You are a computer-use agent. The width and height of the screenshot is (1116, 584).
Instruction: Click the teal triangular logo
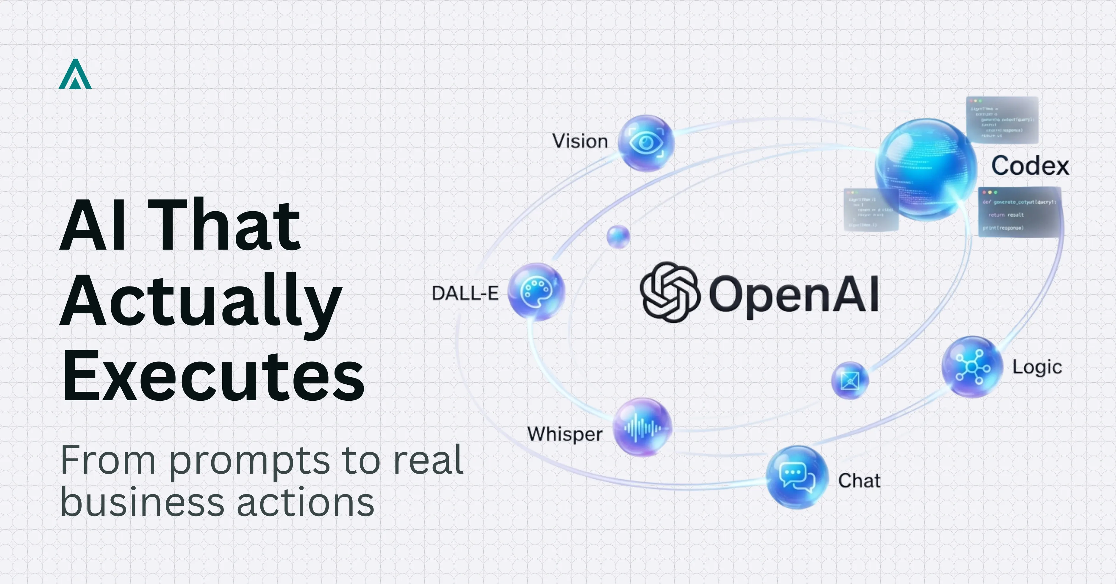[75, 74]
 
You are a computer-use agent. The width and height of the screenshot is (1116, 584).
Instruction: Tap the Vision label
[580, 141]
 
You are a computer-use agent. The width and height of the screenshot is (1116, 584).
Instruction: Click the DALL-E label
[465, 293]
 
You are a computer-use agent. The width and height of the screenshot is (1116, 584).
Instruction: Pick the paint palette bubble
[536, 292]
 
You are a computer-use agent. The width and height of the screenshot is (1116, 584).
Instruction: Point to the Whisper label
[565, 434]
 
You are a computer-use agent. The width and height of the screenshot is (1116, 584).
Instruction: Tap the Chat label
[859, 480]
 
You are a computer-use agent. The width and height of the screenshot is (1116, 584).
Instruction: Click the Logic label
[1037, 367]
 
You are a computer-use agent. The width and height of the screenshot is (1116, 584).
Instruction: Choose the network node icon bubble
[972, 367]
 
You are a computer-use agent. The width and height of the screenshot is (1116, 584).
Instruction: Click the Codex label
[1030, 165]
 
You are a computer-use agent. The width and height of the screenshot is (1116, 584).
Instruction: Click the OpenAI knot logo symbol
[670, 292]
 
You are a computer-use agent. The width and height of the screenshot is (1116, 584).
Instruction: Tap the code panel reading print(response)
[1019, 212]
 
